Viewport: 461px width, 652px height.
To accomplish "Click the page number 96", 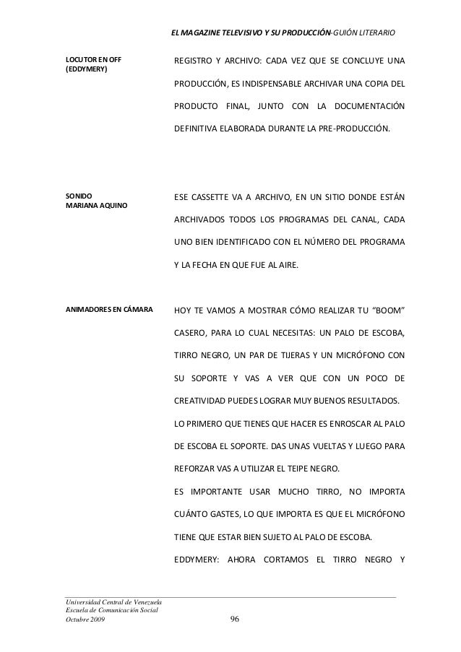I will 233,622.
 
